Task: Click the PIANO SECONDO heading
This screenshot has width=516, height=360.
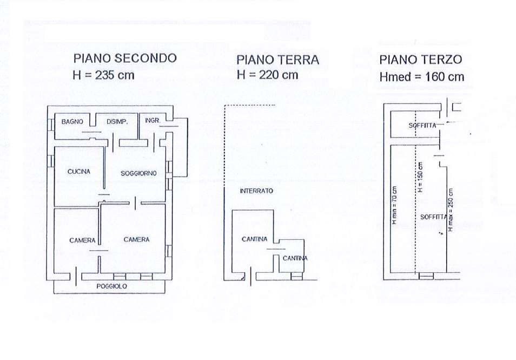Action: (x=125, y=58)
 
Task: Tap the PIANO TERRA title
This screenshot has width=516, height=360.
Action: (x=278, y=60)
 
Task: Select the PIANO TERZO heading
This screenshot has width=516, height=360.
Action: (x=421, y=60)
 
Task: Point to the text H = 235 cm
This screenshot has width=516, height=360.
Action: (x=104, y=75)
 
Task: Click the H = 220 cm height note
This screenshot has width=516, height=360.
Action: (x=268, y=75)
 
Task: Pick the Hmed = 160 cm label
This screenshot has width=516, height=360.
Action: (x=421, y=77)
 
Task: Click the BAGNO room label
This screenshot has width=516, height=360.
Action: (x=72, y=122)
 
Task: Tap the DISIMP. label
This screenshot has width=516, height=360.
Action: (x=117, y=122)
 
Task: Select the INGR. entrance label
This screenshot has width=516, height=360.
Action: (x=153, y=121)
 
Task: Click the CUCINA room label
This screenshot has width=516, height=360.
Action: (x=78, y=172)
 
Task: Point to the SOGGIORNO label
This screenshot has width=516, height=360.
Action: (x=138, y=173)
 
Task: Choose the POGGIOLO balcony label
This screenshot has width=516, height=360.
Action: (x=111, y=286)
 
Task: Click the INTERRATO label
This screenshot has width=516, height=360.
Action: (x=256, y=191)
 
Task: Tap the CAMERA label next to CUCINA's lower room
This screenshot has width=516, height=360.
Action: (x=82, y=240)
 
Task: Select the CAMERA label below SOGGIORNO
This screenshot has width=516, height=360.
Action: (x=136, y=239)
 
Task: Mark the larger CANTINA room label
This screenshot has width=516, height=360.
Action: (x=254, y=239)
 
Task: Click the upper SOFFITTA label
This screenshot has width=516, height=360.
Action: (x=422, y=126)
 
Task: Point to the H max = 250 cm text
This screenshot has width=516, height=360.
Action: (x=451, y=210)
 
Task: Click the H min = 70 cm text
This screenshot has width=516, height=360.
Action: (x=394, y=206)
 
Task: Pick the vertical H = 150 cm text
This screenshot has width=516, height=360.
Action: (x=420, y=177)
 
